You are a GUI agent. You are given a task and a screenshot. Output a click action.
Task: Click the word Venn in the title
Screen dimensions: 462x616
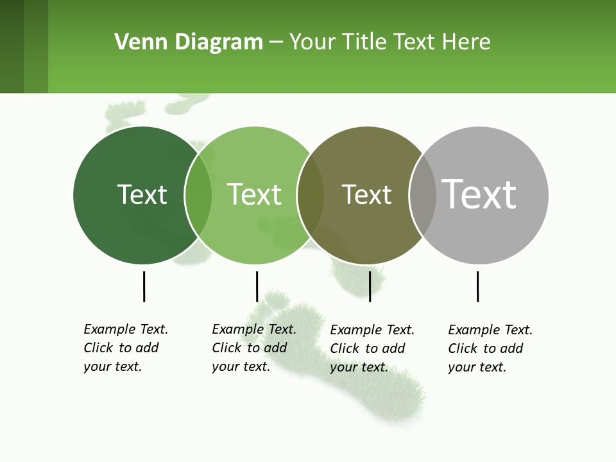139,42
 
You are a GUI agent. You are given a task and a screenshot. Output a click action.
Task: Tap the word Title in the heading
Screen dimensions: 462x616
366,42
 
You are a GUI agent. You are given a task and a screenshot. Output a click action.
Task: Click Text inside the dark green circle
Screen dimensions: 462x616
142,194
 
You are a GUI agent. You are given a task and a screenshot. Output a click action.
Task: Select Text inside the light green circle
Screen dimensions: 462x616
254,194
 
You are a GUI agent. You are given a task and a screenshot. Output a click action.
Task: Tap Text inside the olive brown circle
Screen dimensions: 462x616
366,194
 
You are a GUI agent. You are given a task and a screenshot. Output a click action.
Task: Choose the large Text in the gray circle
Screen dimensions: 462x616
479,194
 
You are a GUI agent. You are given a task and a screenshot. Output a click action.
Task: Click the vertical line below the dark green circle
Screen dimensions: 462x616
144,286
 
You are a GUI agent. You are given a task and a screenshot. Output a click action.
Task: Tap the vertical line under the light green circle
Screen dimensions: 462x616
257,286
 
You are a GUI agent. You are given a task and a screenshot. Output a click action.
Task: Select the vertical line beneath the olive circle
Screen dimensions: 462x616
370,286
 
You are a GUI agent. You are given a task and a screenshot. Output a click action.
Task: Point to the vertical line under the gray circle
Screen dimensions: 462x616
477,286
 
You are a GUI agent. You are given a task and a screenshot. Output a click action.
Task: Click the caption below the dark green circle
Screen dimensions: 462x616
125,348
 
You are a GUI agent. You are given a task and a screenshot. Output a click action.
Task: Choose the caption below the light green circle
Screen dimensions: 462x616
253,348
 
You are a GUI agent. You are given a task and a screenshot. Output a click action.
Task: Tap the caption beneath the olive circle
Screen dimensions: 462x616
372,348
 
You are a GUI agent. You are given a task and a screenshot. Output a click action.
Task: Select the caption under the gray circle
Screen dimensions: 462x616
490,348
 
